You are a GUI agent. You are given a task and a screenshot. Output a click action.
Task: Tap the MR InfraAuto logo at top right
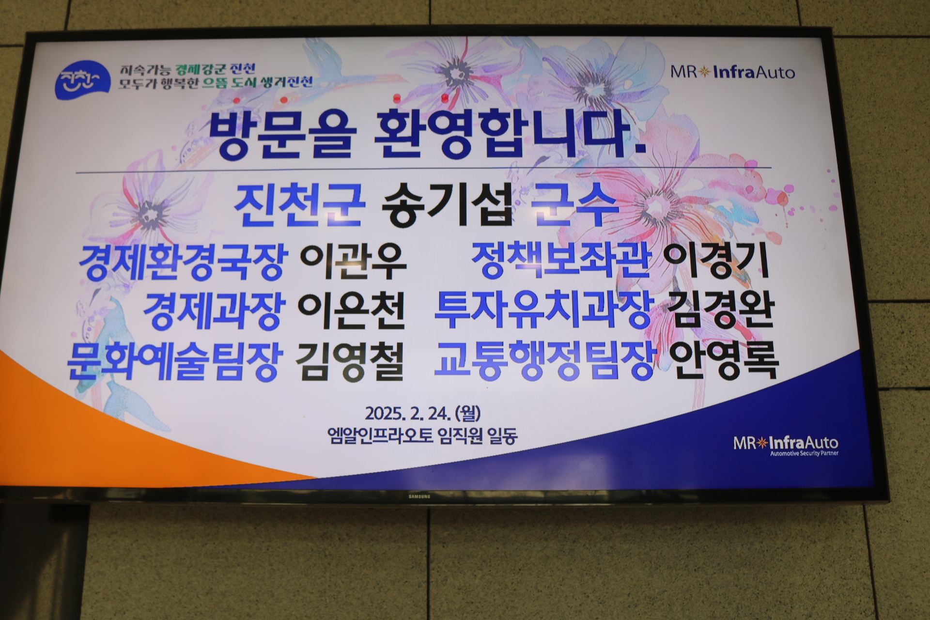point(733,72)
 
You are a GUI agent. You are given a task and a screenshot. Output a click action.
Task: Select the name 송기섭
point(447,210)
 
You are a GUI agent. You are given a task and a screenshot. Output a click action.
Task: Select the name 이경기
point(716,261)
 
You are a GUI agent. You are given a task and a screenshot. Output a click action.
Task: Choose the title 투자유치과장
point(543,310)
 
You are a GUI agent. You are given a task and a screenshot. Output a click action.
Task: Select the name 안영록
point(724,360)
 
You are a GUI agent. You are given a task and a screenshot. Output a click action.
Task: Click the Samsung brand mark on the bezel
point(418,496)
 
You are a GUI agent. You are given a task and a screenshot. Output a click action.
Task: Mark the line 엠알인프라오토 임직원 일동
point(422,436)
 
